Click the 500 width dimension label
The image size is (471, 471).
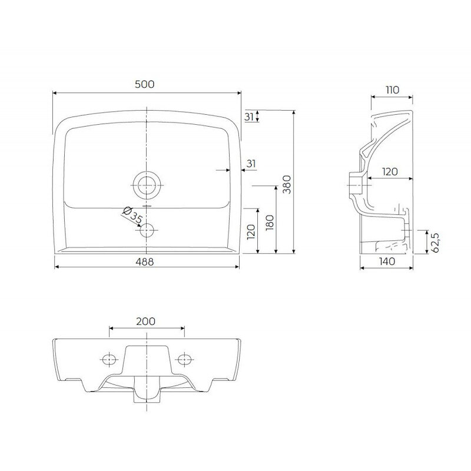pos(145,84)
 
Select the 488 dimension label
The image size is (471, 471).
pos(145,263)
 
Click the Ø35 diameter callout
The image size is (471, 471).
pos(132,216)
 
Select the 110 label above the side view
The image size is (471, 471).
pos(392,90)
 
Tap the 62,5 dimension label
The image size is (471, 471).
pos(435,242)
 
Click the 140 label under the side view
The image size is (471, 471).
pos(387,261)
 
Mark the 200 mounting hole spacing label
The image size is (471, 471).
pos(145,321)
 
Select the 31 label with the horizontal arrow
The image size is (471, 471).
pos(250,163)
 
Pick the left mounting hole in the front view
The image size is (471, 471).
pos(108,358)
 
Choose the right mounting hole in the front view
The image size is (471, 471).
pos(184,358)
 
